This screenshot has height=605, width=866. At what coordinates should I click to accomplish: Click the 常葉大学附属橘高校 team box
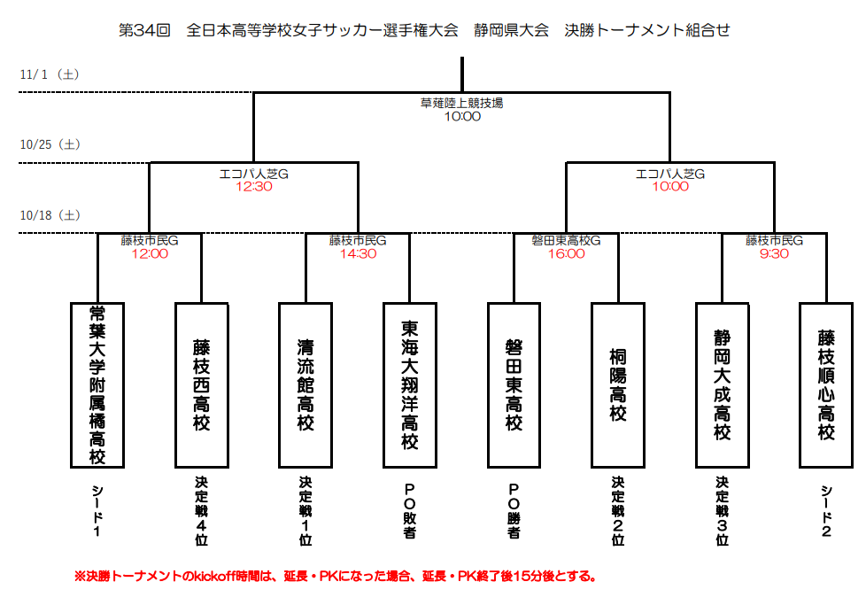coord(97,384)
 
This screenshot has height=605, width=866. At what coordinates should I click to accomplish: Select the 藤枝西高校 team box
coord(202,384)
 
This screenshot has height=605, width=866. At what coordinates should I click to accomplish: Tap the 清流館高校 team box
coord(305,384)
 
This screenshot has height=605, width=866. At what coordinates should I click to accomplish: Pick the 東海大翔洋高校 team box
coord(410,384)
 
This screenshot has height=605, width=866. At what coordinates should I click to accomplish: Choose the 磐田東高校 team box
coord(514,384)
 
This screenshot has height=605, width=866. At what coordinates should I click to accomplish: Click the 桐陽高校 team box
coord(618,384)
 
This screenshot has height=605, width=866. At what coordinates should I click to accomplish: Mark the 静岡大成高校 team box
coord(723,384)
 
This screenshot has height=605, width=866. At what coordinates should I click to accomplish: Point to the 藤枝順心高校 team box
coord(826,384)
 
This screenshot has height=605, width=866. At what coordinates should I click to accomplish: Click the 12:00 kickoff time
coord(150,253)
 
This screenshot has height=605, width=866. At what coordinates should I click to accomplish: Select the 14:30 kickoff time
coord(358,253)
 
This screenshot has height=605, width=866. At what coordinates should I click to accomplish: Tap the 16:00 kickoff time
coord(567,253)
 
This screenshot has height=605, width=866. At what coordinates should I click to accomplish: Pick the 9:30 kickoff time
coord(774,253)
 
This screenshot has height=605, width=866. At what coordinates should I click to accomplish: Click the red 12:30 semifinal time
coord(253,187)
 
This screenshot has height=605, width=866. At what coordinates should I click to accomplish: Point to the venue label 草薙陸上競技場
coord(461,103)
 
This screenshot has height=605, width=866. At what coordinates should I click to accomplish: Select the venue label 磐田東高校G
coord(567,240)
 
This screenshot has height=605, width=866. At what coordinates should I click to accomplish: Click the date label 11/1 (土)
coord(50,74)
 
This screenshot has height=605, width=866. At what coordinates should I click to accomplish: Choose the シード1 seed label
coord(97,511)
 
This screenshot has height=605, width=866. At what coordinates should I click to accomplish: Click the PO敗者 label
coord(410,511)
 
